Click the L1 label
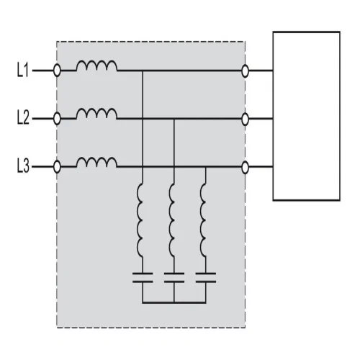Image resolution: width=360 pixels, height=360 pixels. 23,70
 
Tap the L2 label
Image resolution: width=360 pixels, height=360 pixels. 23,117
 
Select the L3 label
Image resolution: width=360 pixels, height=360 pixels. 23,166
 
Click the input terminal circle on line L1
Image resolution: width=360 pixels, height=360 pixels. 57,71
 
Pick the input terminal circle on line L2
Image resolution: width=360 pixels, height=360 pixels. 57,119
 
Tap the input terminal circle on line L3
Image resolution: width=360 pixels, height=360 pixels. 57,167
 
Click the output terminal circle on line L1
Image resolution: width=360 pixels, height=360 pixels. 245,71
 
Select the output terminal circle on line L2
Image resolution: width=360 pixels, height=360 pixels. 245,120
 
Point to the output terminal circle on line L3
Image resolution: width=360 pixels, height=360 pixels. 245,167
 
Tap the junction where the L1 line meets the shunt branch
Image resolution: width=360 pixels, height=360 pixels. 143,71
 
